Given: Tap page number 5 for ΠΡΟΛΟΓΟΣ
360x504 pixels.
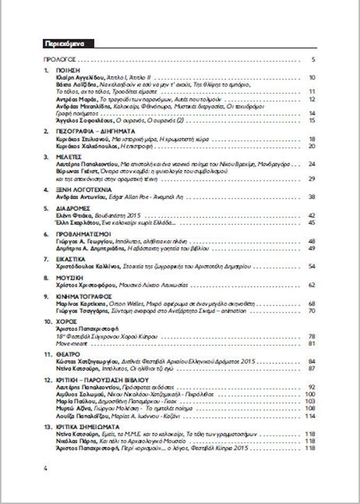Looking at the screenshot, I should coord(314,59).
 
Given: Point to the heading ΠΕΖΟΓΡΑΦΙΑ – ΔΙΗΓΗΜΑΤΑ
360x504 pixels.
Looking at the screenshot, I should coord(88,131).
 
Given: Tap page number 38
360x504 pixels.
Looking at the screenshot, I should coord(312,197).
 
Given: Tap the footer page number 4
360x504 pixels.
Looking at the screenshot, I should coord(46,468).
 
